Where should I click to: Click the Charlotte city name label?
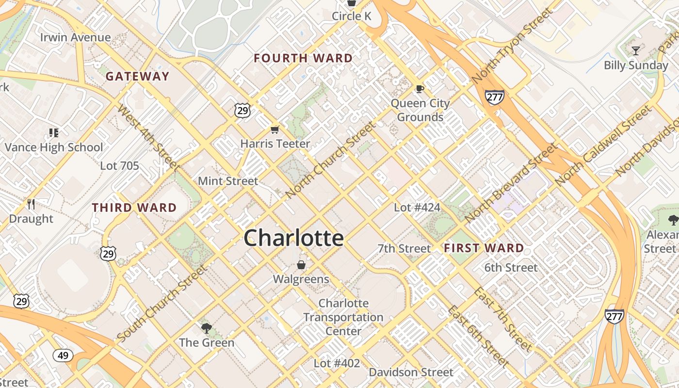pos(294,238)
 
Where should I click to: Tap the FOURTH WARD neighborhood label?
pos(303,58)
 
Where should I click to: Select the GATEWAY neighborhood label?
pos(138,76)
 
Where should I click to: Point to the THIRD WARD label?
pos(134,208)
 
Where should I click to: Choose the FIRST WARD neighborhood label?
pos(484,248)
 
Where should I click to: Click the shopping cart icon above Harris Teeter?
pos(275,129)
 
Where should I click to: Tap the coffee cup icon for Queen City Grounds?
pos(420,89)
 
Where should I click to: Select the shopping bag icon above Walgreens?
pos(301,265)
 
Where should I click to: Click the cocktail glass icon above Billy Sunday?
pos(636,50)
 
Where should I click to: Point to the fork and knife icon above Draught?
pos(32,204)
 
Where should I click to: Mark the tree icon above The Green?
pos(207,328)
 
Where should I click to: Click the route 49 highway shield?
pos(63,356)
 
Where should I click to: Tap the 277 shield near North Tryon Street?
pos(494,97)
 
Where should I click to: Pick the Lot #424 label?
pos(417,208)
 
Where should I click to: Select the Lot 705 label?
pos(119,166)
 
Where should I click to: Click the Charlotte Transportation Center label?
pos(343,317)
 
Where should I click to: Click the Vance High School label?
pos(54,147)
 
